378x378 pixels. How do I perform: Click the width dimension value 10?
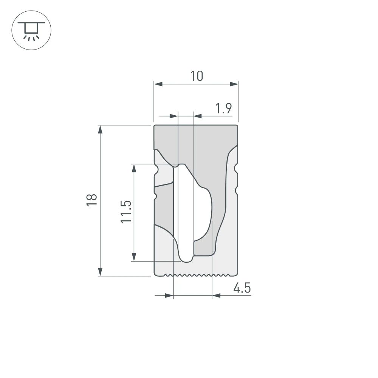pyautogui.click(x=196, y=76)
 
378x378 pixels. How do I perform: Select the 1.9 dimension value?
pyautogui.click(x=223, y=109)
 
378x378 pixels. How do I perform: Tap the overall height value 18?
pyautogui.click(x=91, y=200)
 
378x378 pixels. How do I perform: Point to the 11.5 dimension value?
pyautogui.click(x=126, y=212)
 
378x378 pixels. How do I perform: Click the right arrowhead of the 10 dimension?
pyautogui.click(x=234, y=84)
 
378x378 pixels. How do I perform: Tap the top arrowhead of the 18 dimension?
pyautogui.click(x=100, y=129)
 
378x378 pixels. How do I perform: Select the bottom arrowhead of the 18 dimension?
pyautogui.click(x=100, y=271)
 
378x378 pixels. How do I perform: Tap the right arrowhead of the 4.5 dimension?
pyautogui.click(x=216, y=296)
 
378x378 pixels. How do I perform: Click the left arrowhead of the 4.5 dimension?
pyautogui.click(x=169, y=296)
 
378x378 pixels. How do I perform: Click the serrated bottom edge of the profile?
pyautogui.click(x=193, y=275)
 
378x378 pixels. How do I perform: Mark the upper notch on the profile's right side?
pyautogui.click(x=237, y=167)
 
